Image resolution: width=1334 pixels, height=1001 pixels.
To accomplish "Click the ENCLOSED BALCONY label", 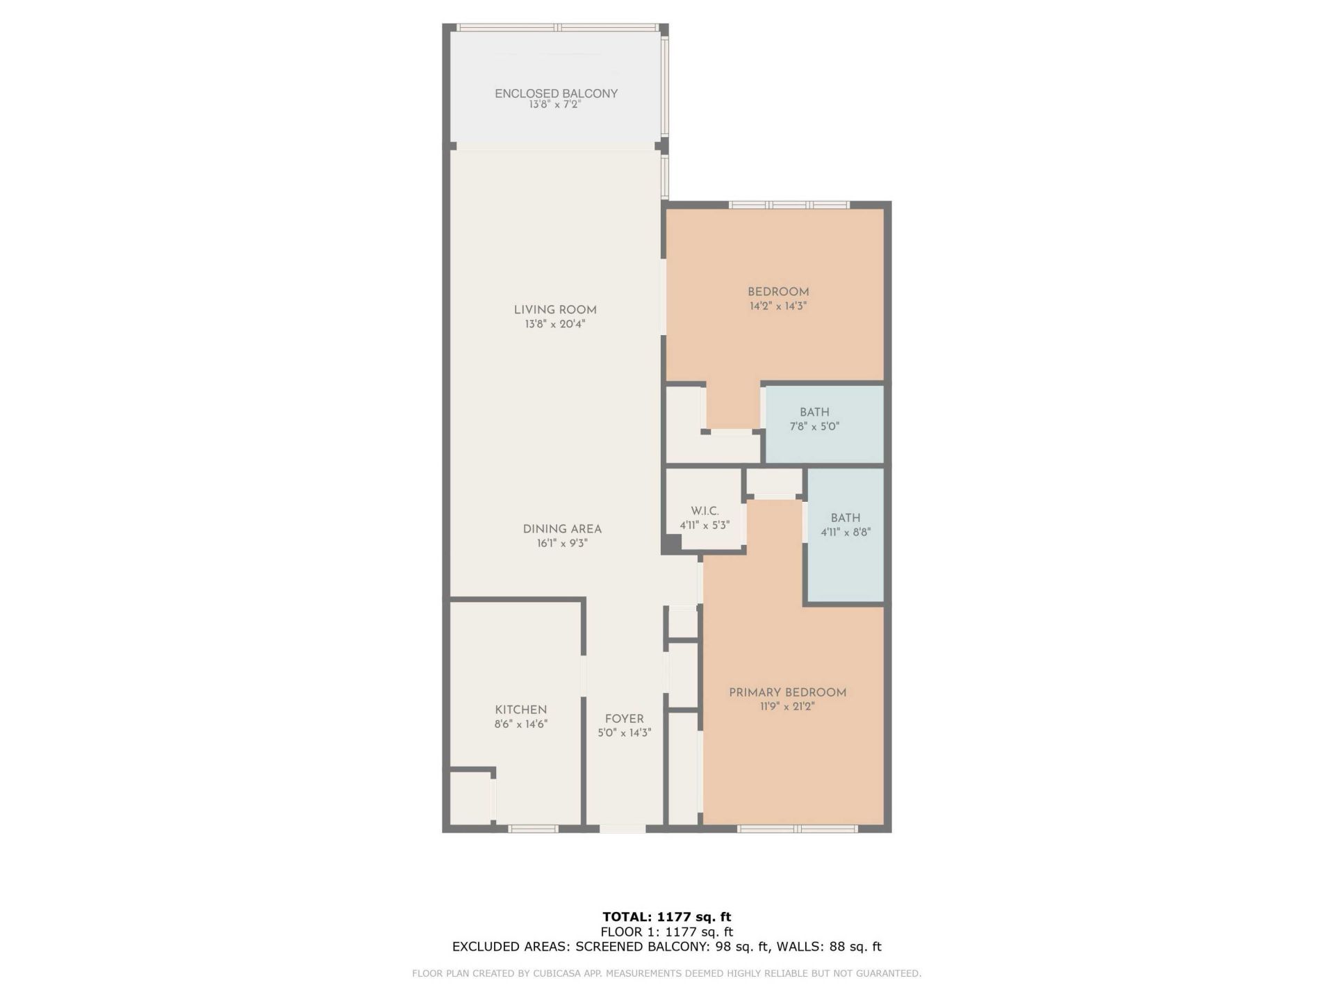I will click(556, 93).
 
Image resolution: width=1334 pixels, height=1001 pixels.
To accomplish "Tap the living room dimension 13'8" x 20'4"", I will click(555, 324).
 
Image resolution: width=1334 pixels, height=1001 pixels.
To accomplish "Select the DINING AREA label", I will click(562, 529).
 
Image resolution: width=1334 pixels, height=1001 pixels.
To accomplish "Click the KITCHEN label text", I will click(520, 710).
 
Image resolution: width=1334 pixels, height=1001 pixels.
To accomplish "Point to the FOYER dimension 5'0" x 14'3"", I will click(624, 733).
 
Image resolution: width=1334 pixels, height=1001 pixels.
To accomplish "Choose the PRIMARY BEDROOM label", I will click(787, 692).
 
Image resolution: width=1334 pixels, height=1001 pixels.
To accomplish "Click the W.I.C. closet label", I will click(705, 511).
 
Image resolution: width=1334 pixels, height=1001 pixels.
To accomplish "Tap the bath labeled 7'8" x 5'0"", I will click(814, 419).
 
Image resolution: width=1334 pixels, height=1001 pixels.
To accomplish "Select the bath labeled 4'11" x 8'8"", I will click(846, 525).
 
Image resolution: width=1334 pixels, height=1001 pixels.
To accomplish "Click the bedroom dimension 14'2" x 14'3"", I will click(778, 306).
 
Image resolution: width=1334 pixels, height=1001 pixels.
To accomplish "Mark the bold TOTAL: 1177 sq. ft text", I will click(666, 917).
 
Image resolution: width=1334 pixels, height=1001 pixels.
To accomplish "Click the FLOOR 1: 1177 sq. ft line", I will click(666, 931).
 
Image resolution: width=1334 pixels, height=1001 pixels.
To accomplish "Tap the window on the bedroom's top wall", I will click(789, 205).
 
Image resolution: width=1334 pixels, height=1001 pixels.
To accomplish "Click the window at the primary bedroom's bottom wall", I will click(797, 829).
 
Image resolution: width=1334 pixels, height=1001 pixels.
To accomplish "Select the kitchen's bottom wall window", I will click(533, 829).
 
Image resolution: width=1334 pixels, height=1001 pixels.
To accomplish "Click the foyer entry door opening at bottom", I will click(623, 829).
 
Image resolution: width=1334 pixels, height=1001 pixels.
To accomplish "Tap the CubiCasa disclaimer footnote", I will click(666, 974).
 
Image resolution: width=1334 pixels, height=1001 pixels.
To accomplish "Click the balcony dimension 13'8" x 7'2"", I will click(554, 105).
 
